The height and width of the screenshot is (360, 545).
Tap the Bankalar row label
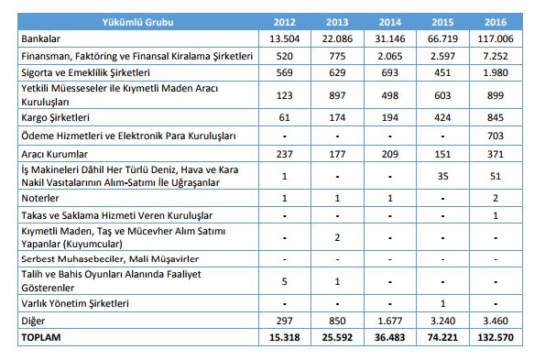[42, 39]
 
